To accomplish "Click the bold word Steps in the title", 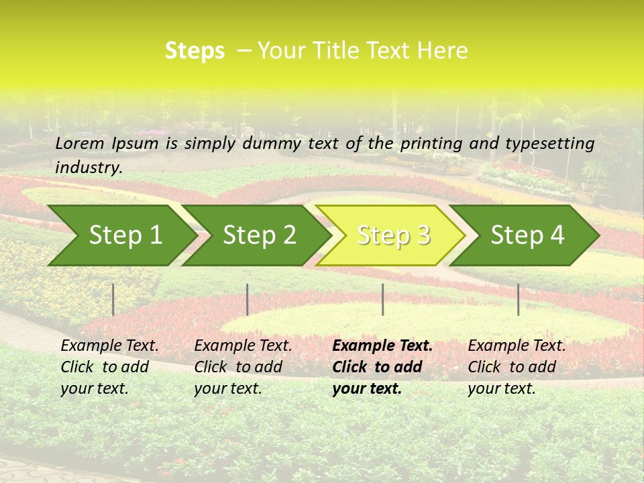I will pyautogui.click(x=195, y=51).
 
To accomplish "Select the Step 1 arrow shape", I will pyautogui.click(x=121, y=235).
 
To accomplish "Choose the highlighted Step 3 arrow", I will pyautogui.click(x=392, y=235).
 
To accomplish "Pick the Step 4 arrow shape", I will pyautogui.click(x=527, y=235).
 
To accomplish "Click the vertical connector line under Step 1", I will pyautogui.click(x=113, y=299).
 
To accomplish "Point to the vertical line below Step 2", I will pyautogui.click(x=248, y=299).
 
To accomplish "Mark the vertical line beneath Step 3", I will pyautogui.click(x=382, y=299).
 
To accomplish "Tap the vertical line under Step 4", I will pyautogui.click(x=518, y=299).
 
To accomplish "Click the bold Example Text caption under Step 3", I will pyautogui.click(x=382, y=367).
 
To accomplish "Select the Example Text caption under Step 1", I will pyautogui.click(x=109, y=367).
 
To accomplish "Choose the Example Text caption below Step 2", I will pyautogui.click(x=243, y=367).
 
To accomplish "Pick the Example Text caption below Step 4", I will pyautogui.click(x=517, y=367).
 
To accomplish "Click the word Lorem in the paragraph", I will pyautogui.click(x=80, y=143).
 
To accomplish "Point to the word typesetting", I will pyautogui.click(x=549, y=143).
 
